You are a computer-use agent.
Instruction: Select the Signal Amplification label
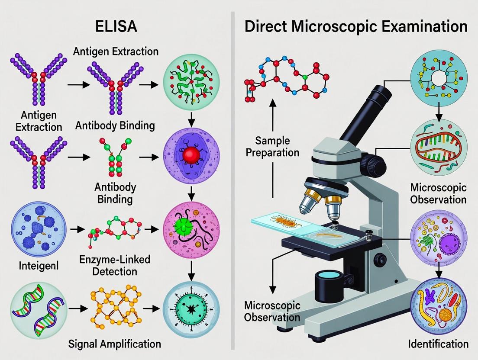pyautogui.click(x=115, y=344)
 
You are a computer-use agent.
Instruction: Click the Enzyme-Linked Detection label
pyautogui.click(x=115, y=266)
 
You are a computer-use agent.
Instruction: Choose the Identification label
pyautogui.click(x=438, y=344)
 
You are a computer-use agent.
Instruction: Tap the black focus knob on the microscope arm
pyautogui.click(x=374, y=164)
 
